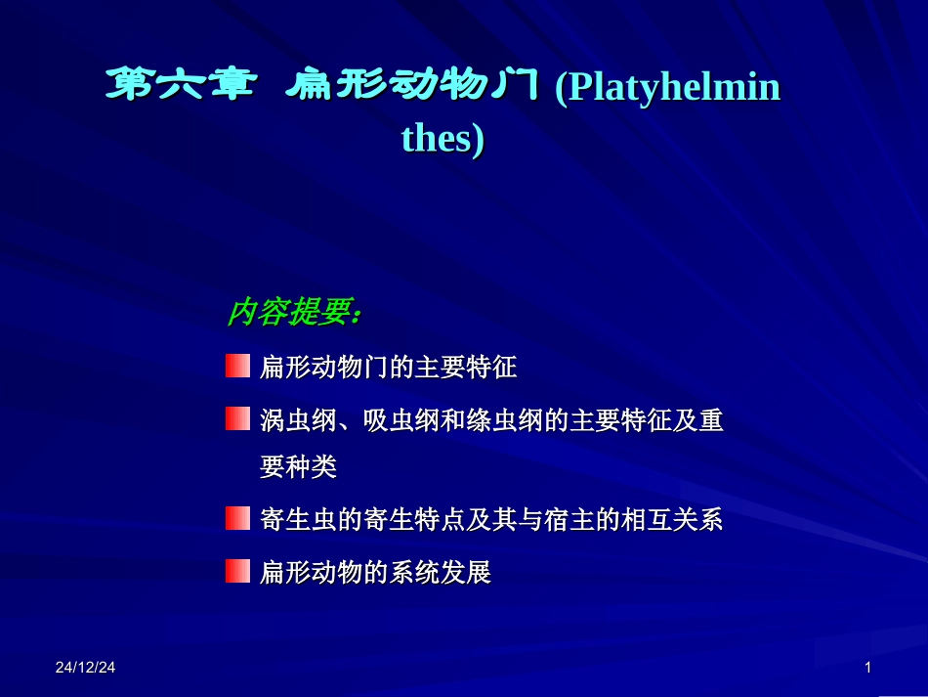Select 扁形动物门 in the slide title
tap(412, 87)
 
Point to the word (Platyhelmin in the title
tap(668, 88)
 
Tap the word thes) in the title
tap(443, 139)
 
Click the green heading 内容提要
tap(294, 313)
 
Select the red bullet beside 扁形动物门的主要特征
tap(237, 367)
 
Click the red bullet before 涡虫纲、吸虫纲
tap(237, 419)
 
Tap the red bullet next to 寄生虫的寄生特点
tap(237, 518)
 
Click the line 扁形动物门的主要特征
tap(389, 369)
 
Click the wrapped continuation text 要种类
tap(298, 468)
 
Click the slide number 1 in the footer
tap(867, 668)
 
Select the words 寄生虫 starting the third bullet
tap(298, 520)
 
